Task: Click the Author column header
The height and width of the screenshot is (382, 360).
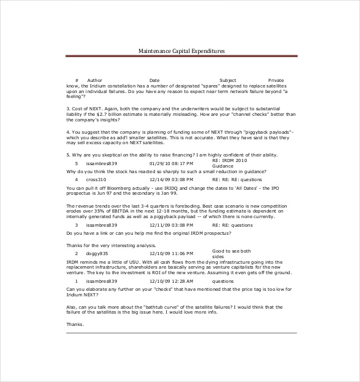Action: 95,81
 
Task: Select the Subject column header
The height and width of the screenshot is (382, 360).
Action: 228,81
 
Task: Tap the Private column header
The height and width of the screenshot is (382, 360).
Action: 276,81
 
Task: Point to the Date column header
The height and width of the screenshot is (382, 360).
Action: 154,81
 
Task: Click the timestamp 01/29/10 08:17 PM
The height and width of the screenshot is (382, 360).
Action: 171,163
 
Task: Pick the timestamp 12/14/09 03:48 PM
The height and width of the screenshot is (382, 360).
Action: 171,179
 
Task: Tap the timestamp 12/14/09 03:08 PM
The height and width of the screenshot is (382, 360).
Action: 171,226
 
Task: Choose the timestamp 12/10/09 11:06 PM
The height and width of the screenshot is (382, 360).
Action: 171,254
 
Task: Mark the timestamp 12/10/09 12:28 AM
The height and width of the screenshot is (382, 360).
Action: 171,281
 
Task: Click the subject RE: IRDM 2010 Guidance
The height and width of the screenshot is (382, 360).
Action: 228,163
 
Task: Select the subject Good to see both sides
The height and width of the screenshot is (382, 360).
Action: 231,253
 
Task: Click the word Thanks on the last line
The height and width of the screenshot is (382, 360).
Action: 74,324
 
